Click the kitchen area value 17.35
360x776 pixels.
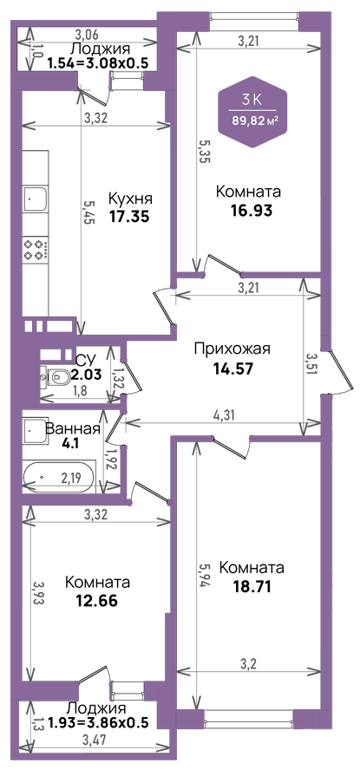coord(129,217)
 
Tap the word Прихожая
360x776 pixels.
coord(232,349)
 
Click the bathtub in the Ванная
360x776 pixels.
coord(58,477)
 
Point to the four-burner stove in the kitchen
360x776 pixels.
coord(36,250)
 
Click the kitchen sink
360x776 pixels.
coord(35,200)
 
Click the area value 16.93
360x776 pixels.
coord(252,211)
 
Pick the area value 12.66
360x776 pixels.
coord(96,602)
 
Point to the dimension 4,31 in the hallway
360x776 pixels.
coord(224,414)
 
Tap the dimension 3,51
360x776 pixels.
coord(311,365)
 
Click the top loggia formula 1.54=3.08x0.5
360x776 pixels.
coord(95,62)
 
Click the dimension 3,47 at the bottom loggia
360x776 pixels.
coord(95,740)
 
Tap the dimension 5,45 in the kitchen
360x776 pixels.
coord(88,212)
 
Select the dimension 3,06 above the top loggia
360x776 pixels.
coord(87,35)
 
